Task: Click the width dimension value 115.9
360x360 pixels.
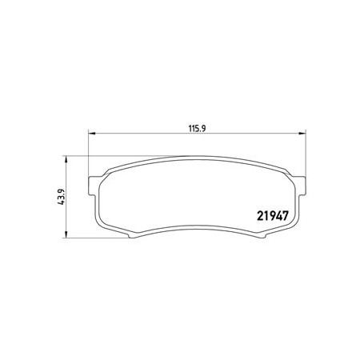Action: point(198,129)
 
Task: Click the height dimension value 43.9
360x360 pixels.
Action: point(62,197)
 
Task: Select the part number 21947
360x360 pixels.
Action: point(273,216)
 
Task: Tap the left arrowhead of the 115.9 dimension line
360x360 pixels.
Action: point(91,133)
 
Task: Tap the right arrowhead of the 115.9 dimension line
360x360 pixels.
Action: point(302,133)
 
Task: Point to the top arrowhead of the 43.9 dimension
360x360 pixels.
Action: point(66,159)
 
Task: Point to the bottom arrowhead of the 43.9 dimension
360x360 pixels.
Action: point(66,234)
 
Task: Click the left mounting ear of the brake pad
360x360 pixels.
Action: point(92,186)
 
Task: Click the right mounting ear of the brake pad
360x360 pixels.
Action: point(302,186)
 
